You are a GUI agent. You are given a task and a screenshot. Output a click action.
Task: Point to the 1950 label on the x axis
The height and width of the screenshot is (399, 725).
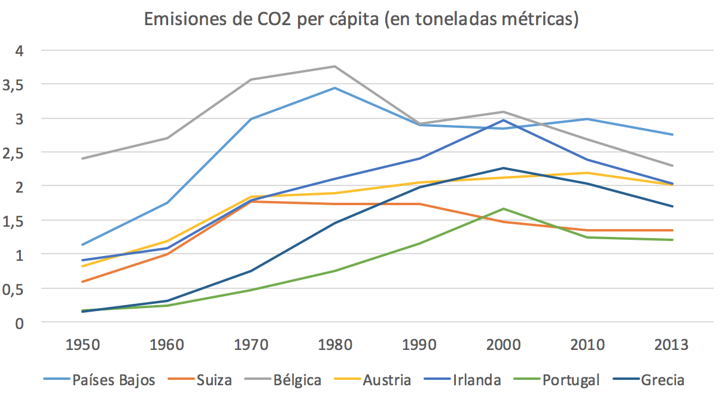coord(83,345)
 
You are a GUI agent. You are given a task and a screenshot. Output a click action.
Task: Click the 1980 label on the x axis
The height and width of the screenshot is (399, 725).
coord(334,345)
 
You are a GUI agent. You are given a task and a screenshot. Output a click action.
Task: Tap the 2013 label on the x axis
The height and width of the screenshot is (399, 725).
coord(671,345)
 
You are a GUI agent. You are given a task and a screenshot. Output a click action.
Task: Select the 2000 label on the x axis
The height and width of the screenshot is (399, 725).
coord(503,345)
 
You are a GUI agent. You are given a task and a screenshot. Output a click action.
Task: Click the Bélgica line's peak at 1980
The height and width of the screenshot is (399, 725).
coord(334,66)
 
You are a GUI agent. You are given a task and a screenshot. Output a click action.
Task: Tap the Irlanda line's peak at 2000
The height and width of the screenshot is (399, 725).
coord(503,120)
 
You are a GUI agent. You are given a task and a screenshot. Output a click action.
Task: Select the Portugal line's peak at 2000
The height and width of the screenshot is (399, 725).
coord(503,209)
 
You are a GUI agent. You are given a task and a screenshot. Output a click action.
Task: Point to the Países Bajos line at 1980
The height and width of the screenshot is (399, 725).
coord(334,88)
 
